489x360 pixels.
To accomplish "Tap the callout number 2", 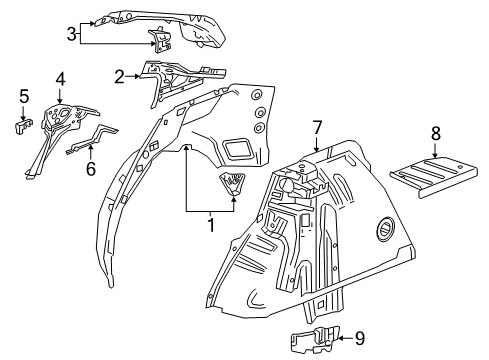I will coord(120,75).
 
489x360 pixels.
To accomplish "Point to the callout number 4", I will coord(60,78).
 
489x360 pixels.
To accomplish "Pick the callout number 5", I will coord(24,96).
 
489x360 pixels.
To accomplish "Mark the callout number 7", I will coord(316,127).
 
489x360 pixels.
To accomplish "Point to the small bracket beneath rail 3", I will coord(160,41).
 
